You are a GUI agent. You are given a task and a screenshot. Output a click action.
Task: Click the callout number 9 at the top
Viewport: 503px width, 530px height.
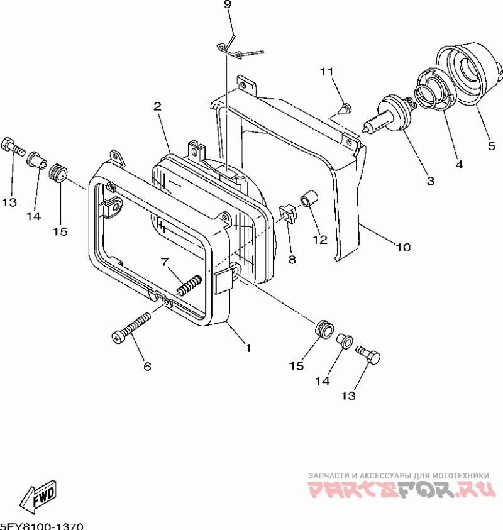tap(227, 5)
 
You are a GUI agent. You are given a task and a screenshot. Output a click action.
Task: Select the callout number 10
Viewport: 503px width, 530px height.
tap(402, 247)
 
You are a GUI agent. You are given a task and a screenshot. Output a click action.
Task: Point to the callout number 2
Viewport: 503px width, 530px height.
tap(157, 106)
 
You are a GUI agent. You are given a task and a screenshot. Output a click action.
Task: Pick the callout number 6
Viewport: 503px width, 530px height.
tap(147, 366)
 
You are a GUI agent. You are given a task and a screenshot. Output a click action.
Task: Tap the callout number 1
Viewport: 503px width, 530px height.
tap(248, 347)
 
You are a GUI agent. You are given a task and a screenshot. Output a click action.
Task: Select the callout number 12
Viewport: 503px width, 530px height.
tap(320, 239)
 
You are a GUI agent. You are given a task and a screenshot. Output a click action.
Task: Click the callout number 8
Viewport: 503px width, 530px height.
tap(292, 258)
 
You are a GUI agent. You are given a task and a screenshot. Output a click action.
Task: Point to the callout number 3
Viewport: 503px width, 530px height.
tap(430, 182)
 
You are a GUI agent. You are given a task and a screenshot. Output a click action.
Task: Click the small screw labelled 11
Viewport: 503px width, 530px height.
tap(345, 109)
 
